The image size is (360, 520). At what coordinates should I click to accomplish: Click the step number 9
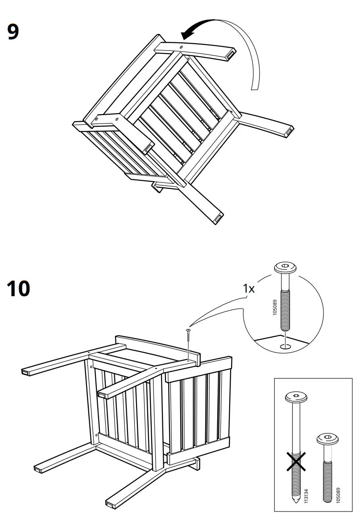tap(13, 32)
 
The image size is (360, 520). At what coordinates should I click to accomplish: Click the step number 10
tap(19, 289)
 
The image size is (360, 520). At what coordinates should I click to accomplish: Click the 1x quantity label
tap(249, 289)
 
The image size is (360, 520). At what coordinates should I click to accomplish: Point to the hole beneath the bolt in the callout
tap(285, 346)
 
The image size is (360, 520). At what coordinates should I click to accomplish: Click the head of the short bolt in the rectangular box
tap(326, 440)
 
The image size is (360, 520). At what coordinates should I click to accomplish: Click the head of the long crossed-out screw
tap(296, 396)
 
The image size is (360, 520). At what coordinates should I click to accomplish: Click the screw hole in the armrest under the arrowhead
tap(182, 46)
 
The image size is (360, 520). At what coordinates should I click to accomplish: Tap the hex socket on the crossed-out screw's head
tap(296, 395)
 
